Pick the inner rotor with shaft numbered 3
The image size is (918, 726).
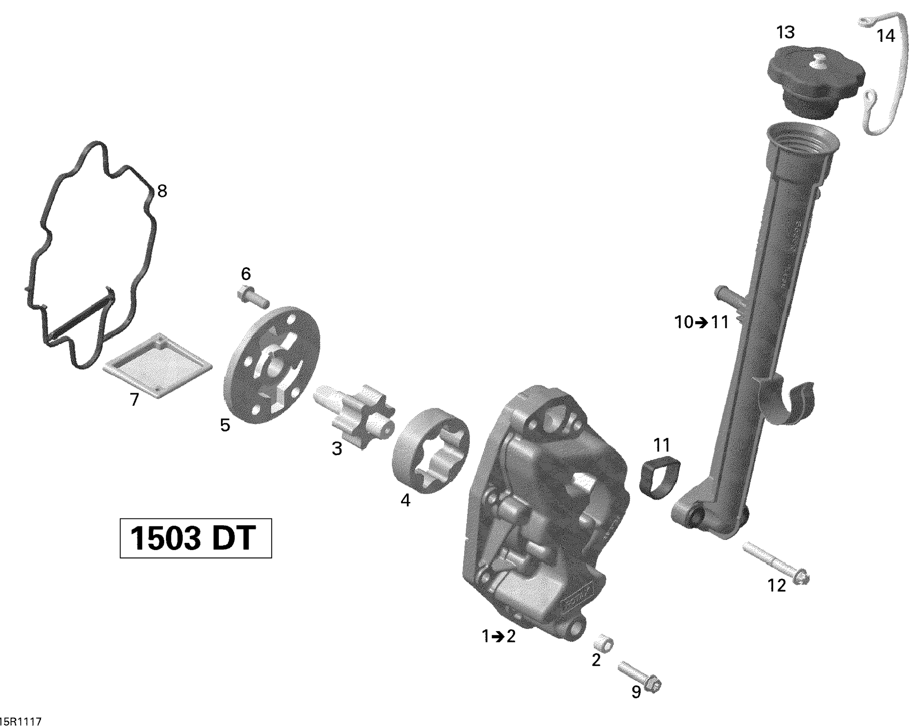point(354,415)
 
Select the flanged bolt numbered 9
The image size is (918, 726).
point(639,677)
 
